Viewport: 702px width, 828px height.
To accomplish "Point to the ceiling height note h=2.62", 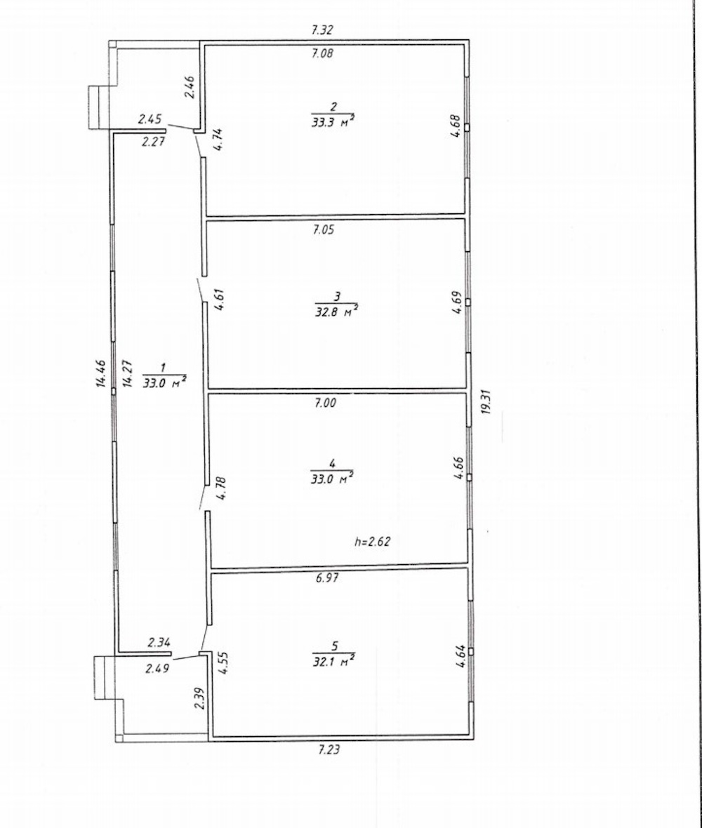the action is pos(372,541).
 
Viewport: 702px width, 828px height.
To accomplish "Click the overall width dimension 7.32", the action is pos(322,30).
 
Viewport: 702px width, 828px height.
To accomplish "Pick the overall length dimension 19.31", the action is pos(486,402).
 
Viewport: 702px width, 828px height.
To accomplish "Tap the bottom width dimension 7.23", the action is pos(328,749).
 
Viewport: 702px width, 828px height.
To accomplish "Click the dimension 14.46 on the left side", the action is pos(101,374).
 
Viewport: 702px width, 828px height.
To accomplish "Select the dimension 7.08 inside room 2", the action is pos(322,53).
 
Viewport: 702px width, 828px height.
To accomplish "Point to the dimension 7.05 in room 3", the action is pos(323,229).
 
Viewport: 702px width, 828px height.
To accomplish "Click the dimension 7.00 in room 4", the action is pos(325,403).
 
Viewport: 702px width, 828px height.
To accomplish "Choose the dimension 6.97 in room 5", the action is pos(327,577).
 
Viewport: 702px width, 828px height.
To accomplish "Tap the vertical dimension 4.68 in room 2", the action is pos(456,127).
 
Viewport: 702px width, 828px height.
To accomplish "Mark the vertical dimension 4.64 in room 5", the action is pos(461,656).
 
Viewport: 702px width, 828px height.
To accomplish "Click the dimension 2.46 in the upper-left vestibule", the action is pos(190,87).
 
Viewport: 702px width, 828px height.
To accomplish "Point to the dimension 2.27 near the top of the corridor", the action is pos(154,141).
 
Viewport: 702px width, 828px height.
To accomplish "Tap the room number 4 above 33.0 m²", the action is pos(332,464).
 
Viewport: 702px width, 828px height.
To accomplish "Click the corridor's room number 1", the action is pos(164,367).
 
